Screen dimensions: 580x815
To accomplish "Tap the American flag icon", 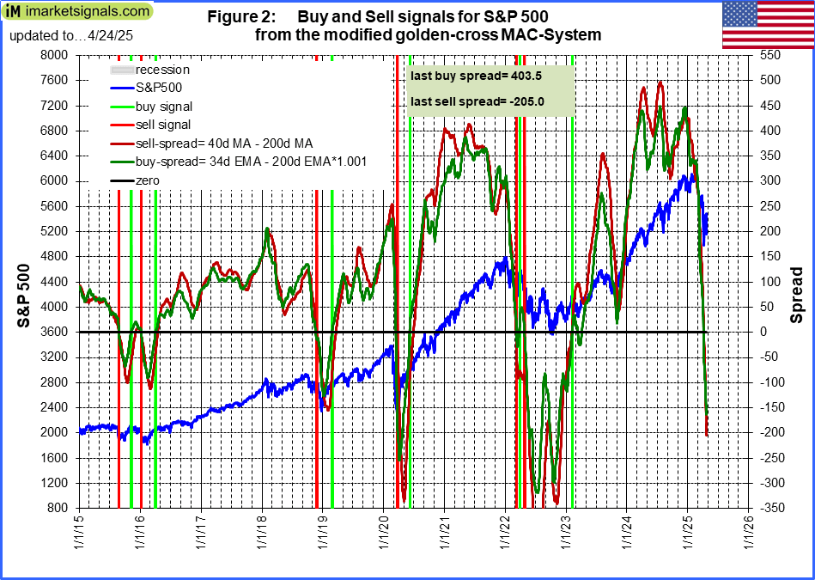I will [767, 26].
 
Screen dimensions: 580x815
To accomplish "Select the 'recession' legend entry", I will [163, 70].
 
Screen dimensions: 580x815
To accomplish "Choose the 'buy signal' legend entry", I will [164, 107].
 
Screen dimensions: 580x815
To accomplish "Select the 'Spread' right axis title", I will [796, 293].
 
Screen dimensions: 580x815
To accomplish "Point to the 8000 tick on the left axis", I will [54, 55].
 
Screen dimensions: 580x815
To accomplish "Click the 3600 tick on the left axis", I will [54, 332].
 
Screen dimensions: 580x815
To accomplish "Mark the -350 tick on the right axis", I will [769, 508].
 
